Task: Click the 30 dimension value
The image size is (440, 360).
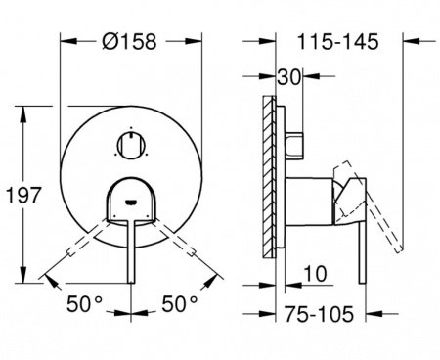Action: click(287, 76)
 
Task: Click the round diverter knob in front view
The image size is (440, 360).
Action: click(129, 144)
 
